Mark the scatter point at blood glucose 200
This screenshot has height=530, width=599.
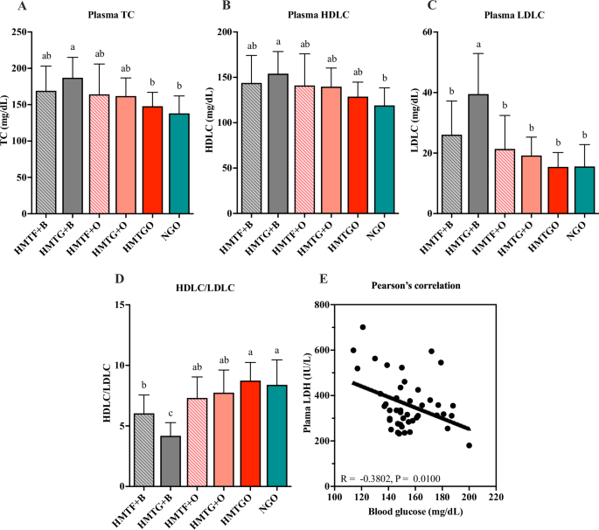[469, 445]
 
